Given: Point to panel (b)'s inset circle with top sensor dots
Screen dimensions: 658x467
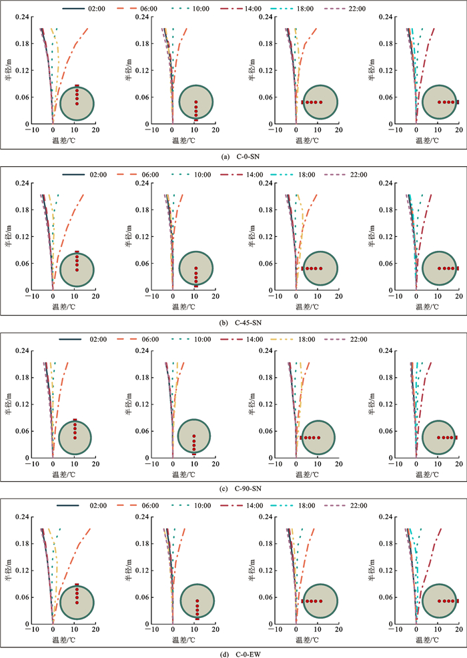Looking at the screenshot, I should coord(77,268).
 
